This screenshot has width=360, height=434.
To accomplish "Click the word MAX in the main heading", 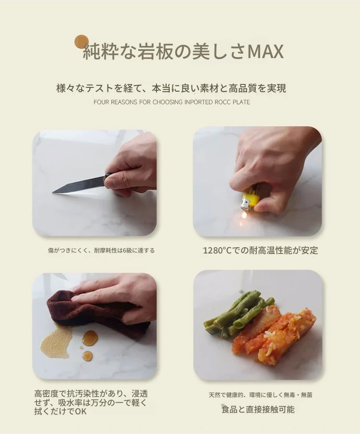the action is [265, 51].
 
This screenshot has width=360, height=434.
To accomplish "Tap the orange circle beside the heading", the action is [82, 41].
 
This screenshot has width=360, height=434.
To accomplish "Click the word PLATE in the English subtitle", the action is [241, 102].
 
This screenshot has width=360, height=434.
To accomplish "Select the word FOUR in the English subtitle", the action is [100, 102].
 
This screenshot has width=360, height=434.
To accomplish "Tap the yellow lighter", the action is [251, 197].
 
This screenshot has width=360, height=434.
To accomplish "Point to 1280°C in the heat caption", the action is [217, 251].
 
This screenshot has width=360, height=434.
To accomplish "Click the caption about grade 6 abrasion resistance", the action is [101, 251].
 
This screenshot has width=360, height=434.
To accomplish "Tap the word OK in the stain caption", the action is [81, 411].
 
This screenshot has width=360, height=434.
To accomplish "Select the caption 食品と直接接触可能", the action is [258, 409].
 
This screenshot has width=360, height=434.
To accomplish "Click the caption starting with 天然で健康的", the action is [260, 395].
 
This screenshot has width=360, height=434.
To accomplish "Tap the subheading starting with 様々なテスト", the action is [171, 88].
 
